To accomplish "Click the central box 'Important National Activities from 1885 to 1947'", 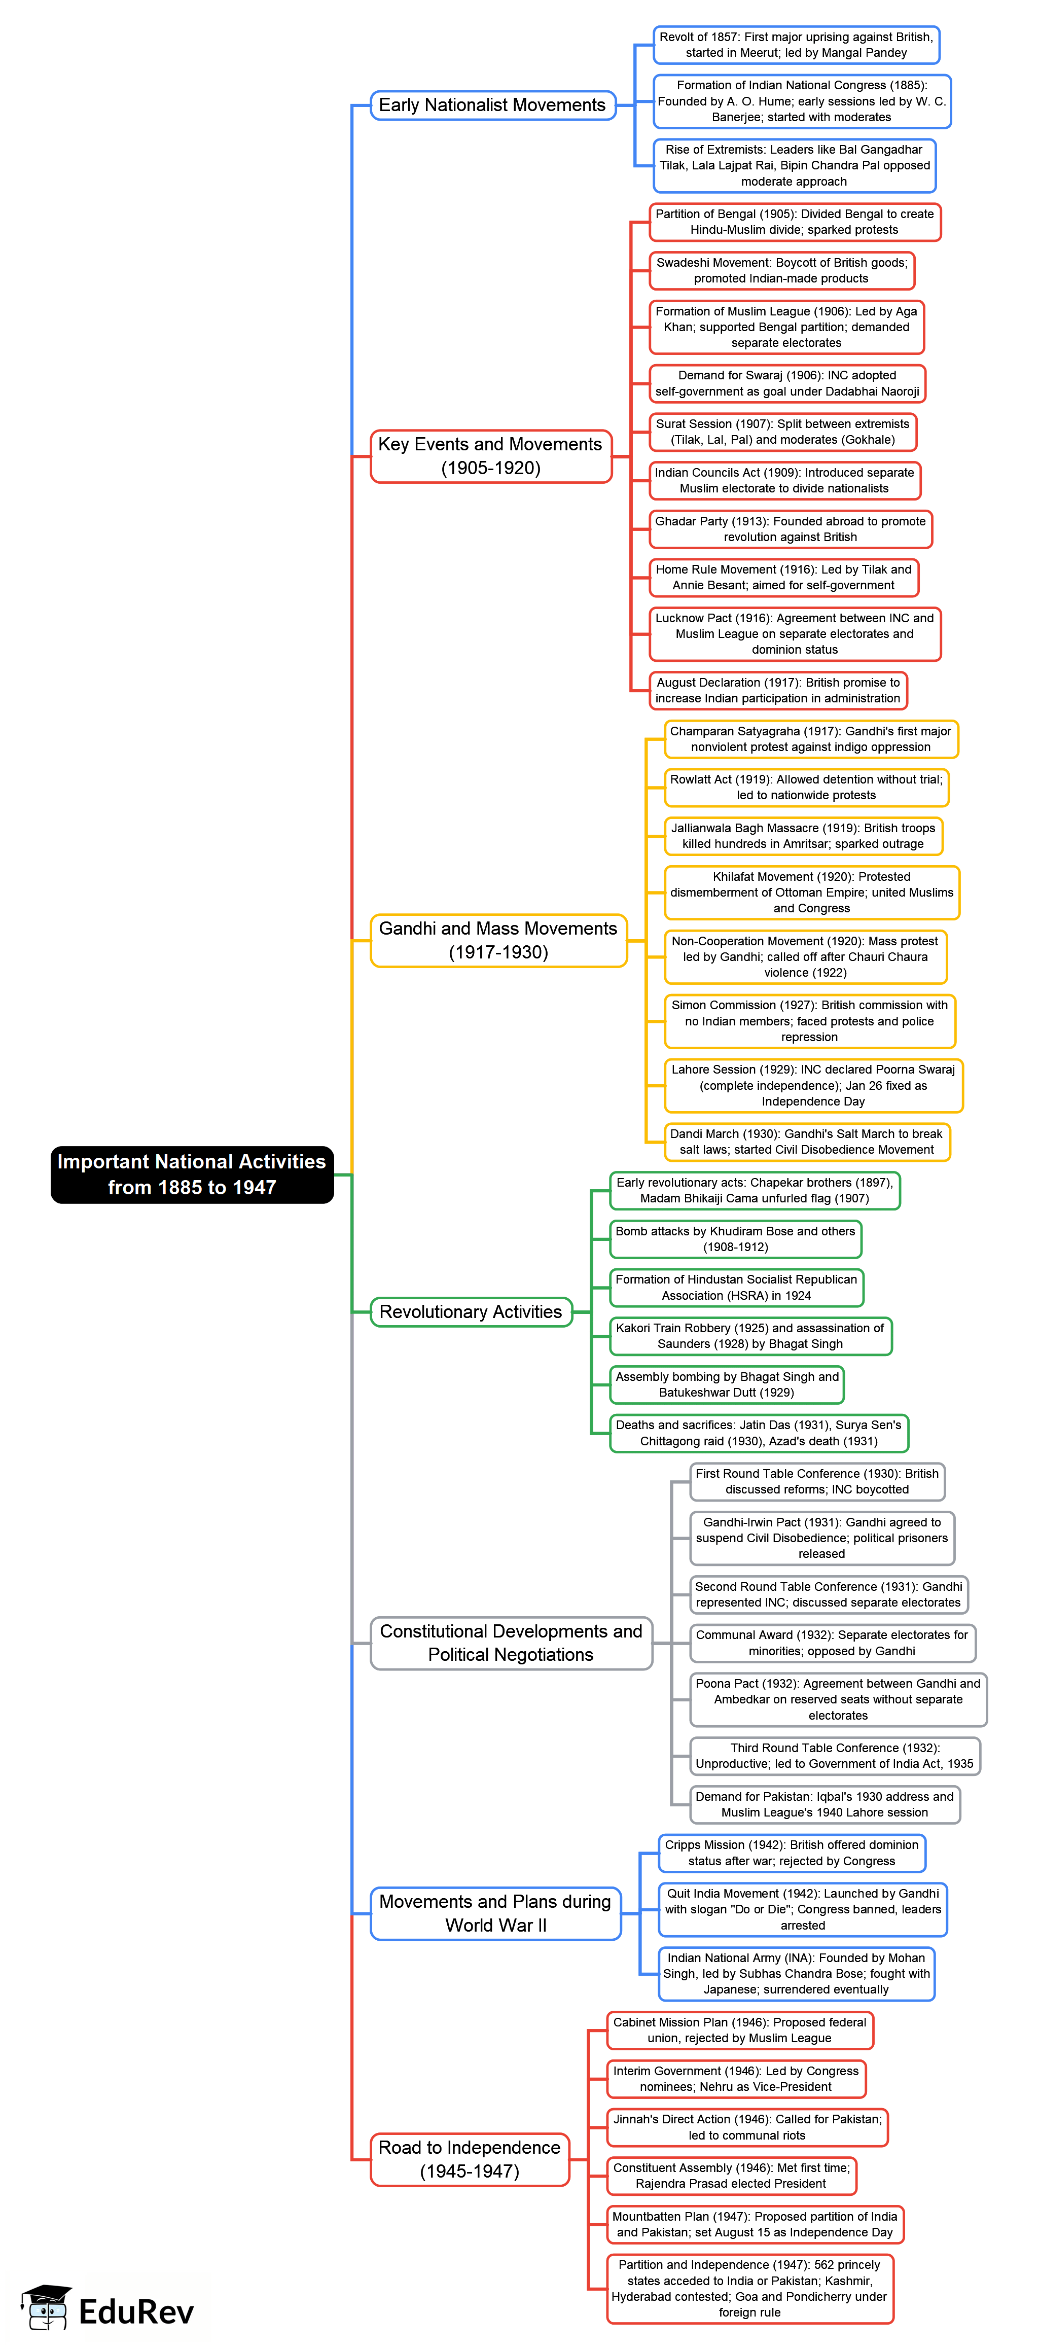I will click(x=192, y=1174).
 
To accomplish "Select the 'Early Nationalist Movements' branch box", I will click(x=492, y=105).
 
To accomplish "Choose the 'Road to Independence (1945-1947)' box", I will click(x=470, y=2159).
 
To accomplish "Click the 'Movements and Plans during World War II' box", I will click(x=495, y=1913).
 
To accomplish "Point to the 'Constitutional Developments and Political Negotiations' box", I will click(x=511, y=1643).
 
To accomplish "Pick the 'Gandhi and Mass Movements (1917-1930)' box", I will click(x=498, y=940).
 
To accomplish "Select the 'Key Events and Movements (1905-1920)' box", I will click(x=491, y=456).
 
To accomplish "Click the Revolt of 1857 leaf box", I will click(x=796, y=45).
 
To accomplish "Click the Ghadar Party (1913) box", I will click(x=790, y=529).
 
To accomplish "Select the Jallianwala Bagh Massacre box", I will click(x=803, y=836).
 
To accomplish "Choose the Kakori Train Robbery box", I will click(x=750, y=1336).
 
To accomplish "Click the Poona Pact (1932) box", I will click(x=837, y=1699).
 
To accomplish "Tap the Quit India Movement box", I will click(x=803, y=1909).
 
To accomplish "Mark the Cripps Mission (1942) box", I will click(x=791, y=1853).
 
